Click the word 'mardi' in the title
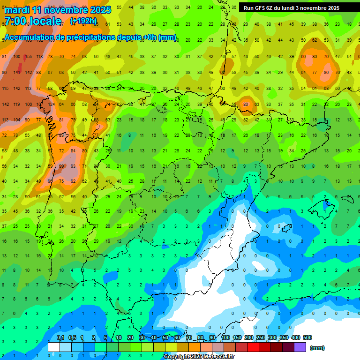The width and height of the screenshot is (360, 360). click(x=18, y=10)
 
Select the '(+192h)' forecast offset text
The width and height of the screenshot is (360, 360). click(x=83, y=21)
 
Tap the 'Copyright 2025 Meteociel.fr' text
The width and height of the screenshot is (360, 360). click(x=199, y=357)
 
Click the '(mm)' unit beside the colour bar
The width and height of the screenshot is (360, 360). click(x=317, y=348)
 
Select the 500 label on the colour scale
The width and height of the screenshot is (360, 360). click(x=307, y=338)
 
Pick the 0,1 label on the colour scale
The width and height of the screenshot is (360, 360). click(x=60, y=338)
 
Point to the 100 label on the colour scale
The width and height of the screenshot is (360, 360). click(x=225, y=338)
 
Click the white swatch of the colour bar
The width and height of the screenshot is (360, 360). click(x=54, y=347)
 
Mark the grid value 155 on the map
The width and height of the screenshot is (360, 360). click(x=28, y=57)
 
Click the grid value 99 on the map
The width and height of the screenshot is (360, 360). click(x=61, y=166)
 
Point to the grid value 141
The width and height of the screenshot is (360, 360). click(x=17, y=73)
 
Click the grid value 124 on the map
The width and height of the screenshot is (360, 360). click(x=51, y=104)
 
